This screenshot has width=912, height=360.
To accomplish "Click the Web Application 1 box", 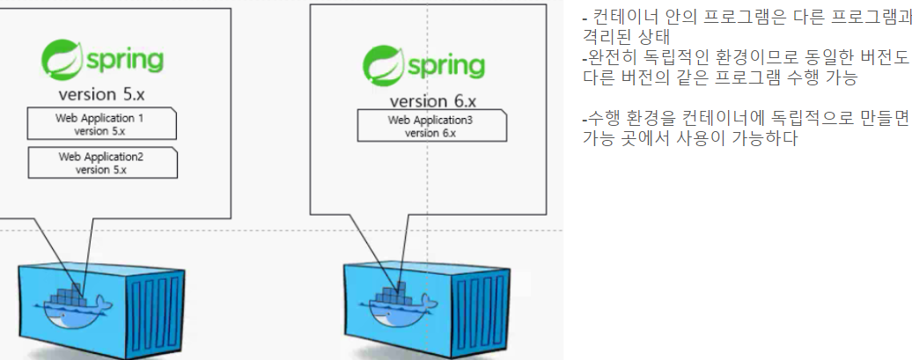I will tap(101, 124).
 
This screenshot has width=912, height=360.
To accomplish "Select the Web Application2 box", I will tap(101, 163).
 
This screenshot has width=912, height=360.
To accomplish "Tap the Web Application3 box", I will tap(430, 126).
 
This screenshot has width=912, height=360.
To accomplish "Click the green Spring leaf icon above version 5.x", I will tap(61, 60).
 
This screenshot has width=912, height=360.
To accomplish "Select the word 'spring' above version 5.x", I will tap(124, 61).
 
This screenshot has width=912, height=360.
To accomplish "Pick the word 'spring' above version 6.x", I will tap(445, 67).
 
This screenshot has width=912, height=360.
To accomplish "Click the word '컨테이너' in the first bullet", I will tap(621, 20).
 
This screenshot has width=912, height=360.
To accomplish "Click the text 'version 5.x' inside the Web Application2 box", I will tap(101, 170).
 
